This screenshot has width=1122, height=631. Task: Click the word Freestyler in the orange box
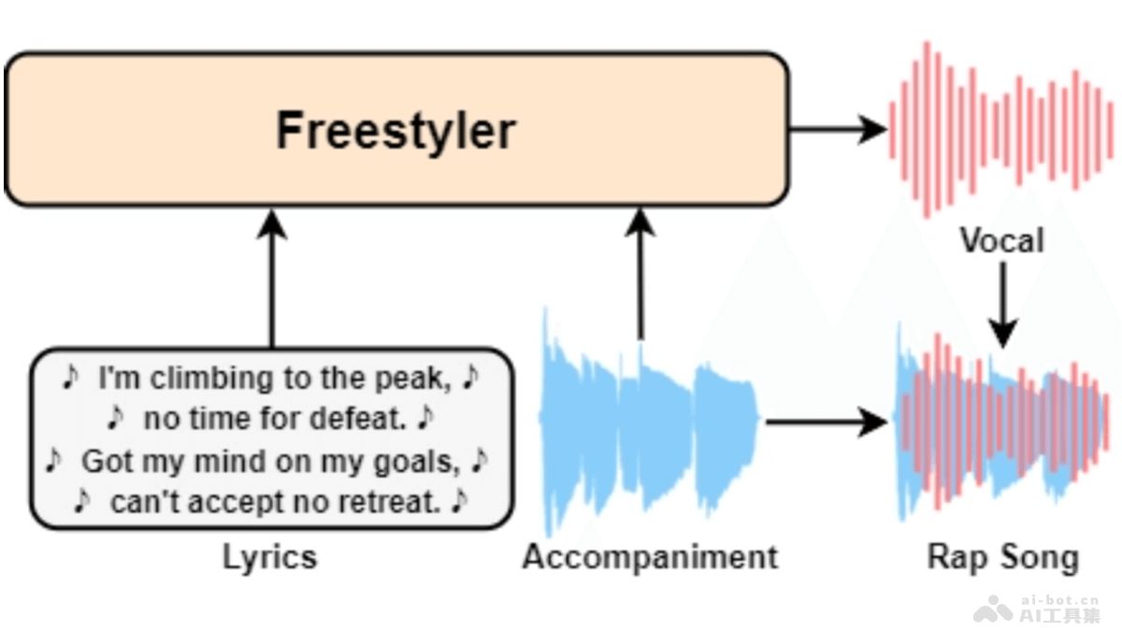pyautogui.click(x=396, y=130)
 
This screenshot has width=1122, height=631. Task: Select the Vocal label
pyautogui.click(x=1001, y=241)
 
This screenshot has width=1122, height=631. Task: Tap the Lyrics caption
pyautogui.click(x=269, y=557)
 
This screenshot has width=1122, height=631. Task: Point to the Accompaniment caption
pyautogui.click(x=650, y=557)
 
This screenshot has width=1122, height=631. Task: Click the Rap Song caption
pyautogui.click(x=1002, y=557)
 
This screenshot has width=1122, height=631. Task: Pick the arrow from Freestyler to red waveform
pyautogui.click(x=837, y=129)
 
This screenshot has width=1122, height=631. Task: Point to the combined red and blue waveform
pyautogui.click(x=1002, y=425)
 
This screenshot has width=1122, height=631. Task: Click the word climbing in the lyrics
pyautogui.click(x=197, y=379)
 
